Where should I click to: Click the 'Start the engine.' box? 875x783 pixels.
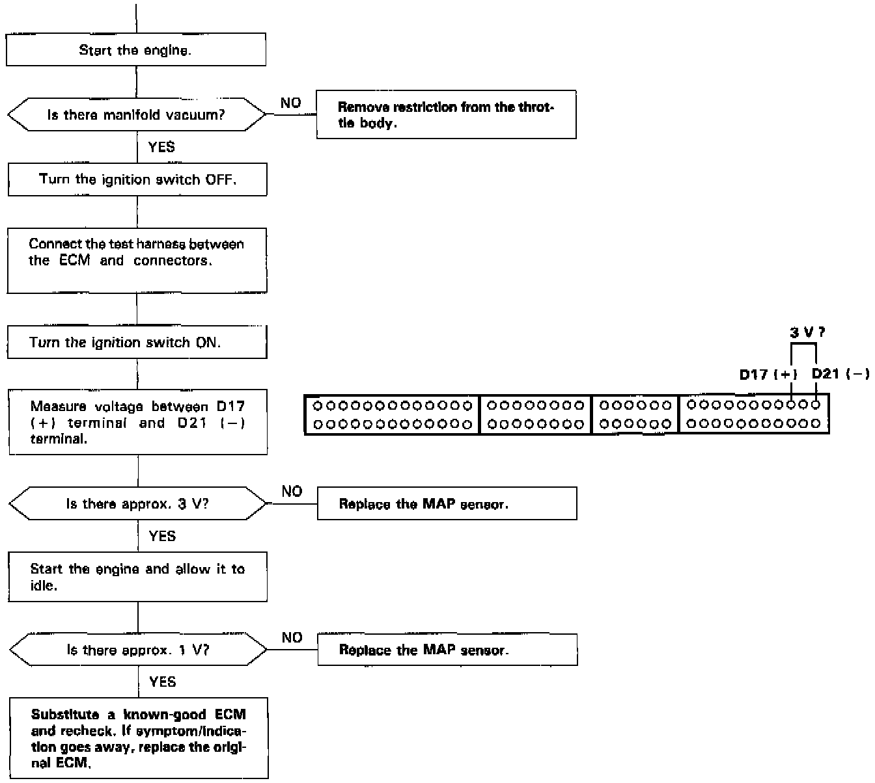pos(135,50)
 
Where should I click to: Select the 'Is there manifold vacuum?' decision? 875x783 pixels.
pos(136,115)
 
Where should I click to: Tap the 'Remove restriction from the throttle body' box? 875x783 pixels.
pos(446,115)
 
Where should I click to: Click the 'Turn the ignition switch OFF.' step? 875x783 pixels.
pos(137,179)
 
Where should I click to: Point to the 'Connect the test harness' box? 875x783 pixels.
pos(137,260)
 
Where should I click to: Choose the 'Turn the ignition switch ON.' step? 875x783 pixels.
pos(137,342)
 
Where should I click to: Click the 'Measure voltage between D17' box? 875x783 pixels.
pos(137,422)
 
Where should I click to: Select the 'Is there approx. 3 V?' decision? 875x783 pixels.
pos(137,504)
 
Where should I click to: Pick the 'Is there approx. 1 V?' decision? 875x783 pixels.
pos(138,650)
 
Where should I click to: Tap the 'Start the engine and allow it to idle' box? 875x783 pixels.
pos(137,577)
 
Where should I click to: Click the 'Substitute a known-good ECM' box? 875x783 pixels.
pos(139,738)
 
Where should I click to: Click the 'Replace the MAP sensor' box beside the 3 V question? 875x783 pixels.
pos(447,504)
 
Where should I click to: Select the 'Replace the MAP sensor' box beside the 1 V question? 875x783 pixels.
pos(447,650)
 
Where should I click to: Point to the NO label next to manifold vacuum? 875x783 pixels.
pos(290,103)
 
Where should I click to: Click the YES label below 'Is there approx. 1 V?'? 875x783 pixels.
pos(162,682)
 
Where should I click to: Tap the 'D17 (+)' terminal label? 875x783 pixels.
pos(768,375)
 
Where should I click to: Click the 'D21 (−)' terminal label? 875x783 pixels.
pos(840,375)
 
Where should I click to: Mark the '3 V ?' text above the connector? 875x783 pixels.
pos(807,332)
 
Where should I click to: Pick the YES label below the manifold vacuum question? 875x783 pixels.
pos(161,147)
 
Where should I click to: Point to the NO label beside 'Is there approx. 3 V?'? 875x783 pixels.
pos(292,491)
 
